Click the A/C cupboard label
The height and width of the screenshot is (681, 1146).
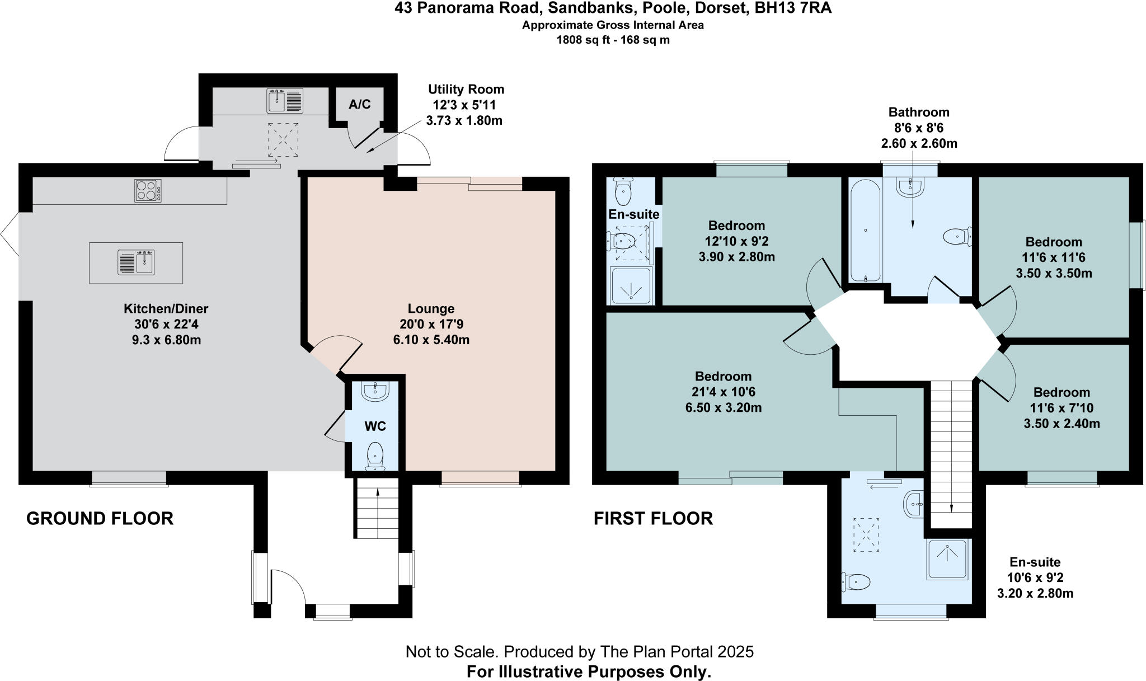coord(359,105)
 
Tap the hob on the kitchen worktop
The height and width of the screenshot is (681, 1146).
coord(148,190)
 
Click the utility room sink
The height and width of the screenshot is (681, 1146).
coord(285,101)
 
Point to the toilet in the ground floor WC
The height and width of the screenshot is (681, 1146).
coord(375,455)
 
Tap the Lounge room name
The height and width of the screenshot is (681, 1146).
coord(431,308)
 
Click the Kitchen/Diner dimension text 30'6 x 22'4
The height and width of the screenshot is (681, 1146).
coord(166,324)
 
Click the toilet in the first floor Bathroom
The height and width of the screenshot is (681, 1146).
coord(956,237)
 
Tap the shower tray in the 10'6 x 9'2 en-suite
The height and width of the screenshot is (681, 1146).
coord(947,559)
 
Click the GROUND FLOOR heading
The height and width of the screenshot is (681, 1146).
coord(100,518)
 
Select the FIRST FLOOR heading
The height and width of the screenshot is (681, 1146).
coord(653,518)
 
